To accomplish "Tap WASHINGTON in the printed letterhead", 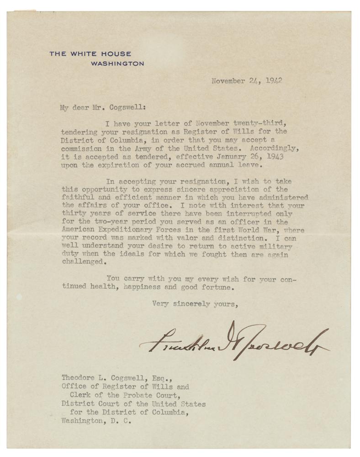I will (x=117, y=64).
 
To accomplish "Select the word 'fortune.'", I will (x=218, y=288).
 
